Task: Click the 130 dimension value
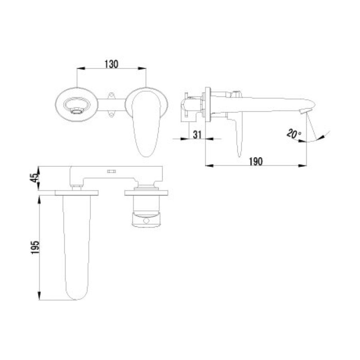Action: point(112,64)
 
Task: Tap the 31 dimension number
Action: point(197,135)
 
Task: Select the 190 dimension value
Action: point(256,162)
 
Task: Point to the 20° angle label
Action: point(294,133)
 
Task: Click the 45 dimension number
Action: point(34,178)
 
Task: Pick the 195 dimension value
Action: point(35,247)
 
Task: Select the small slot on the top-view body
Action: point(111,171)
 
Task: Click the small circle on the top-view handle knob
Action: point(146,221)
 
